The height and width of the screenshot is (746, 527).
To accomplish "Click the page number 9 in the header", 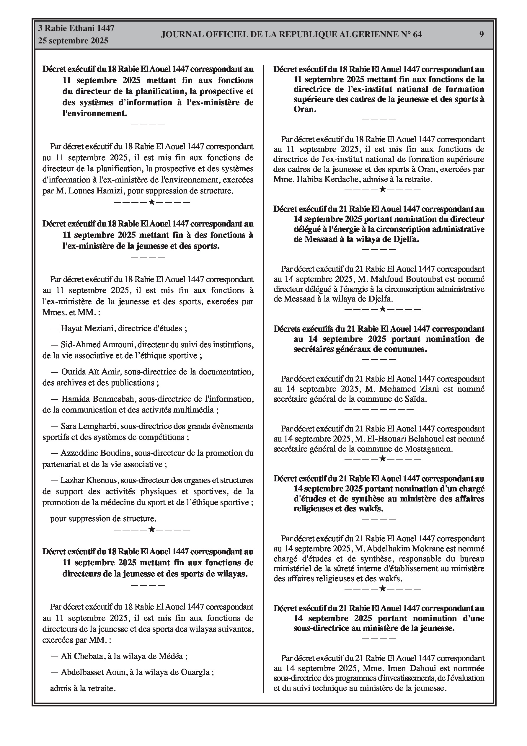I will coord(482,35).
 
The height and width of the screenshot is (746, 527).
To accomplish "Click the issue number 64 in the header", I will coord(417,35).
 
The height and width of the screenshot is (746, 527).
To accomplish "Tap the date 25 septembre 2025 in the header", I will coord(73,41).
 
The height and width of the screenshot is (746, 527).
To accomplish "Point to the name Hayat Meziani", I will coord(87,328).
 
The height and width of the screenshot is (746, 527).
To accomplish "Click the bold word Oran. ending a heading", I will coord(305,109).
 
